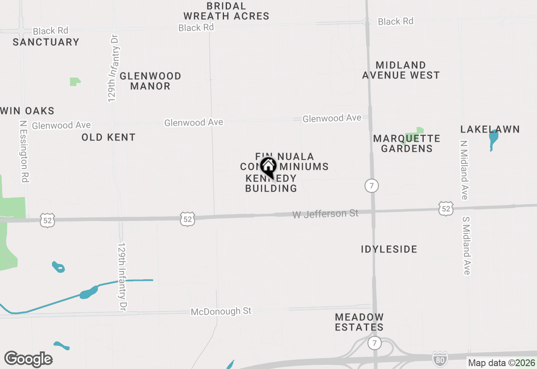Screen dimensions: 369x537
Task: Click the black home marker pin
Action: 268,167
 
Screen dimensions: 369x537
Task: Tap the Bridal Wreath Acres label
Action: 226,11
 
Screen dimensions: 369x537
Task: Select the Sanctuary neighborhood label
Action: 46,42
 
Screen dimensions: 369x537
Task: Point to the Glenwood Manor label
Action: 150,81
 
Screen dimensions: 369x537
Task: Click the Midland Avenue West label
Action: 401,70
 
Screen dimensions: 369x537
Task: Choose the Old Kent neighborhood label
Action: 109,138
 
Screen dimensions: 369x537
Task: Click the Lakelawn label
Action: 490,129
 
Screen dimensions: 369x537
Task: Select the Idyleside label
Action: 389,249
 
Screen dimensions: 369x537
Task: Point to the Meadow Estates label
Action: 359,322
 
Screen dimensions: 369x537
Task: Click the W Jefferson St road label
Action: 326,214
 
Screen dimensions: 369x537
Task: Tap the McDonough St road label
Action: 221,311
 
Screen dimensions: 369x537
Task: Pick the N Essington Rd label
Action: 23,152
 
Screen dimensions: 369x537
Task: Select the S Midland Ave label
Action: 466,245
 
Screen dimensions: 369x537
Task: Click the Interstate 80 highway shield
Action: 440,359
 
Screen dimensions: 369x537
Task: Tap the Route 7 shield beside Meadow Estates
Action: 374,343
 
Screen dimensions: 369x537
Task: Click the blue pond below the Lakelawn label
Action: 493,140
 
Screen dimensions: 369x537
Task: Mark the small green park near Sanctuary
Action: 75,81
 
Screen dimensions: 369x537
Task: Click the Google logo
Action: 29,359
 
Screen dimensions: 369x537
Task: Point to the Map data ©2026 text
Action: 502,363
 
